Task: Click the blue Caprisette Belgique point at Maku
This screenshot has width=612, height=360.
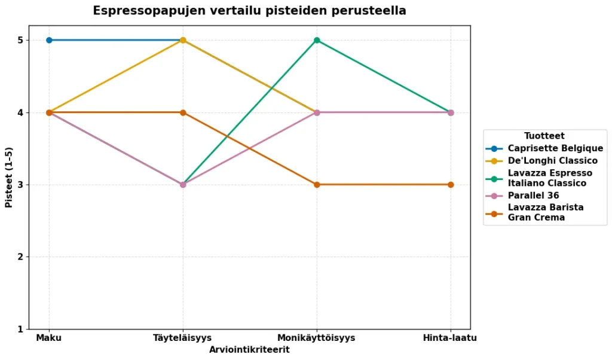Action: click(x=49, y=40)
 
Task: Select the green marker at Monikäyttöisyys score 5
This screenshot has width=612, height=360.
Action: click(x=317, y=40)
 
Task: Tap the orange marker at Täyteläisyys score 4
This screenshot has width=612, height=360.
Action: click(x=183, y=112)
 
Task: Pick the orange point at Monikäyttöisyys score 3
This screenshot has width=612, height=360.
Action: click(x=317, y=185)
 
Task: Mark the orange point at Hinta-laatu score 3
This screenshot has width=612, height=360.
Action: click(x=451, y=185)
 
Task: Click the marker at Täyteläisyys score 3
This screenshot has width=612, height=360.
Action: click(x=183, y=185)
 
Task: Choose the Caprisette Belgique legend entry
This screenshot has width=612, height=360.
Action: click(x=555, y=148)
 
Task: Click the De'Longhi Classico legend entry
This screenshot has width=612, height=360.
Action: click(x=552, y=161)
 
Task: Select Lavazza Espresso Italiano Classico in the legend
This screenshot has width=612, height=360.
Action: click(x=550, y=178)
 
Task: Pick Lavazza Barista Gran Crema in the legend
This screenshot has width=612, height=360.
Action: click(x=546, y=212)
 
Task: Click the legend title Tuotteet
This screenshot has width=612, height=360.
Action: click(x=544, y=136)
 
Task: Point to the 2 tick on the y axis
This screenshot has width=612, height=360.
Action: click(x=36, y=257)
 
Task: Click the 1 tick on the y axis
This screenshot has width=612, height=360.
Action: click(x=36, y=330)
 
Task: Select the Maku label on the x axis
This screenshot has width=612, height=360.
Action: click(x=49, y=338)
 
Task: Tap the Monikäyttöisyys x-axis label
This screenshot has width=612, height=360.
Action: click(x=317, y=338)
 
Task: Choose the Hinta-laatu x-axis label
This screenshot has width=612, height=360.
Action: click(x=450, y=338)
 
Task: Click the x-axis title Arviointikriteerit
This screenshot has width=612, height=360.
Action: click(x=249, y=350)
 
